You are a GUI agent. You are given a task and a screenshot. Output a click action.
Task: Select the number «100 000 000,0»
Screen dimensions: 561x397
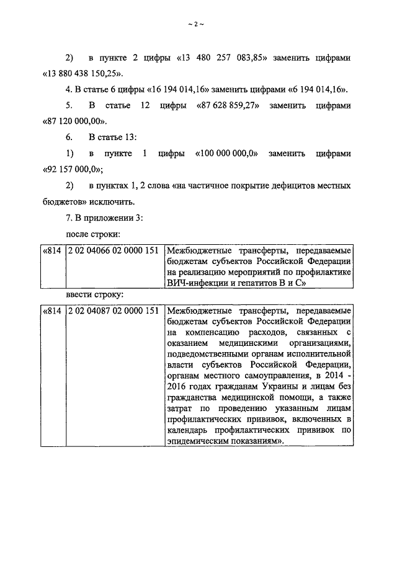[226, 153]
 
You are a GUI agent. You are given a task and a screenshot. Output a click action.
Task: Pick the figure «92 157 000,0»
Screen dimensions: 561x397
[72, 169]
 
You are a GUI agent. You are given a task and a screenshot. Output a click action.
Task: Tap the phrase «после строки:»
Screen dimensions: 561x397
[93, 234]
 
